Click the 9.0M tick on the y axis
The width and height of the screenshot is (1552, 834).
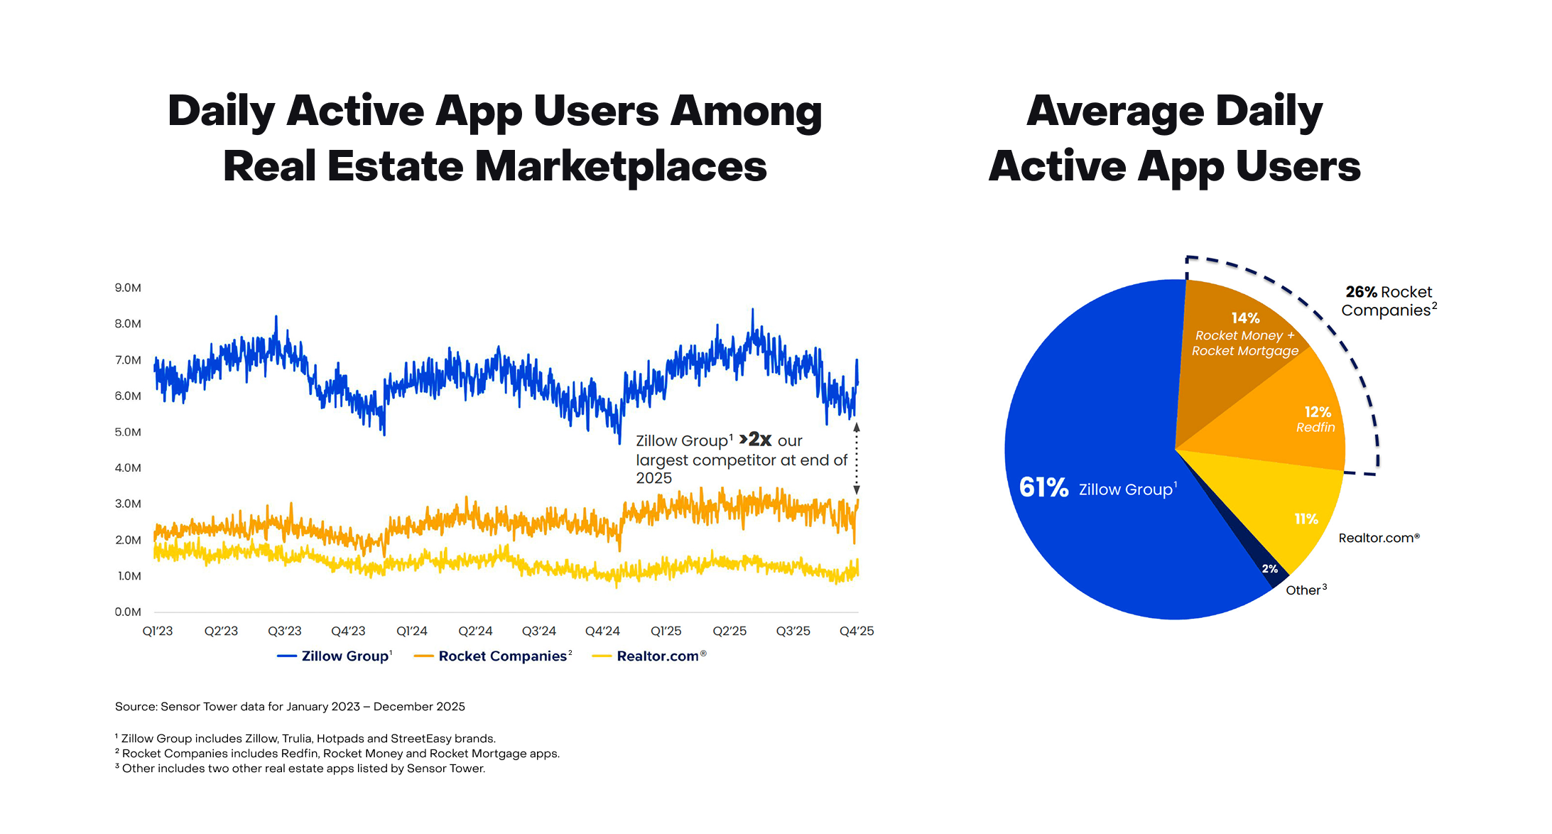point(128,288)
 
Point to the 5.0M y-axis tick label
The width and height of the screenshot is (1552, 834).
point(128,432)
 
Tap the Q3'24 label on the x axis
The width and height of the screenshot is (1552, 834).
point(538,631)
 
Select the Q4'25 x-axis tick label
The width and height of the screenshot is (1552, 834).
point(856,631)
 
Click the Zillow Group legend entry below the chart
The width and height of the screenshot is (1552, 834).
point(344,656)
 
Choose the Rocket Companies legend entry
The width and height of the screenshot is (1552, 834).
point(502,656)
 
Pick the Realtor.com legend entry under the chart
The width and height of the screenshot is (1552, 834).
point(657,656)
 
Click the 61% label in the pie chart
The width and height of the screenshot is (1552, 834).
point(1043,487)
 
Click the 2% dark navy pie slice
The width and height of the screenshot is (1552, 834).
point(1270,569)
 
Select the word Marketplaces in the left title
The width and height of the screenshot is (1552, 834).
point(620,166)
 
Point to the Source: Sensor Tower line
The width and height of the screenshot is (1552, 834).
point(290,706)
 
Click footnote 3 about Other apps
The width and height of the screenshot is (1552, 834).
point(302,769)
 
